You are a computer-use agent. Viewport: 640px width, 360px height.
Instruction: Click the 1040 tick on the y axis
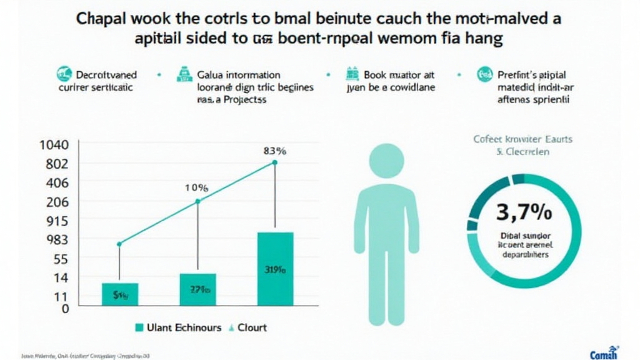[53, 145]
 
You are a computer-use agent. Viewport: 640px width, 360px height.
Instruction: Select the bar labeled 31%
[274, 269]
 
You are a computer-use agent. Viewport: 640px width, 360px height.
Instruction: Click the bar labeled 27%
[197, 289]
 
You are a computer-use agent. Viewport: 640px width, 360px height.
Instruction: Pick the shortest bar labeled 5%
[119, 294]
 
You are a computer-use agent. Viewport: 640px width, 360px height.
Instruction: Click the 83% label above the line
[274, 151]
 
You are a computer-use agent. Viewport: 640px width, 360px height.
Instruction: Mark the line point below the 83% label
[274, 163]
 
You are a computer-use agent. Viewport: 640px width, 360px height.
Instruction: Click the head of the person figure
[386, 161]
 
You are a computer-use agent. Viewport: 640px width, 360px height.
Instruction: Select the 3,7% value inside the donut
[524, 212]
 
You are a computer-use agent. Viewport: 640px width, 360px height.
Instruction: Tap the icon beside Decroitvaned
[62, 74]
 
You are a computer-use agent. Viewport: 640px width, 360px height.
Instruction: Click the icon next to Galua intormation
[184, 74]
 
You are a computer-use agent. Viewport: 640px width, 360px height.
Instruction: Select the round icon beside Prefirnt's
[484, 74]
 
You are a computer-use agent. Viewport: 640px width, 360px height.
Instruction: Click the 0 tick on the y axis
[64, 308]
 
